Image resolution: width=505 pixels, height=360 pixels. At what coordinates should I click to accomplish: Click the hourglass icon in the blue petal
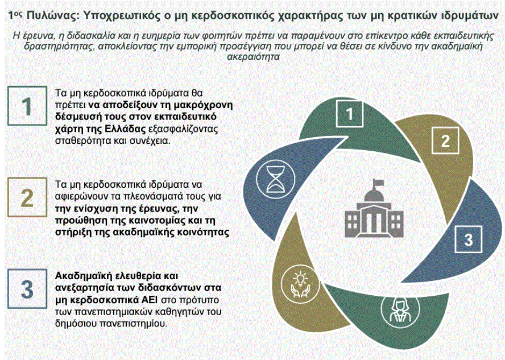click(x=275, y=179)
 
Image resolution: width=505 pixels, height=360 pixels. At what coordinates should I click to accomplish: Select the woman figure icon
click(x=400, y=310)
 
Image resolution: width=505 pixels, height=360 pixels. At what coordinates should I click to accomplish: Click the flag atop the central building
click(x=378, y=184)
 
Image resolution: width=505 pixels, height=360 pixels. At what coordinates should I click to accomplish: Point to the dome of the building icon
click(x=374, y=196)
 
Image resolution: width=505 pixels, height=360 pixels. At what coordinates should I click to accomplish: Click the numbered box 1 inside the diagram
click(x=349, y=114)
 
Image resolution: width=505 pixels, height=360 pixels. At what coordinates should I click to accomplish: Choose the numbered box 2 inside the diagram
click(x=445, y=140)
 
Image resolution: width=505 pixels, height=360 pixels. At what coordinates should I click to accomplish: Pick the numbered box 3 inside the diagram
click(x=469, y=239)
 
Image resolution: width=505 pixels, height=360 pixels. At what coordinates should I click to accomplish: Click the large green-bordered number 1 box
click(x=27, y=106)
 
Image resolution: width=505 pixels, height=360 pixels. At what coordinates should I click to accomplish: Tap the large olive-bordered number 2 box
click(x=27, y=197)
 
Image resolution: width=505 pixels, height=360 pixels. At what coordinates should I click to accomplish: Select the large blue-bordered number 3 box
click(x=27, y=288)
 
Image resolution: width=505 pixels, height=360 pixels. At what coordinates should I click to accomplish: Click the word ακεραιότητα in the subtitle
click(x=253, y=57)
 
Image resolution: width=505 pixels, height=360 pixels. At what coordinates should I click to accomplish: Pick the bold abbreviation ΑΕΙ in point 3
click(x=150, y=300)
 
